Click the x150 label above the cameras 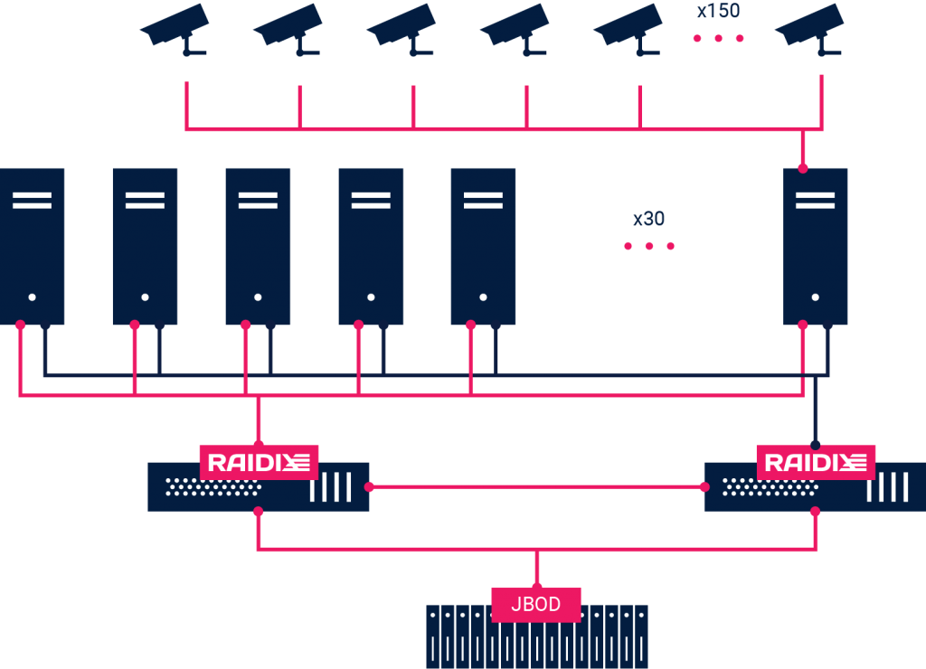(x=718, y=12)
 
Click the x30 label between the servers (x=648, y=219)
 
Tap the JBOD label (x=536, y=604)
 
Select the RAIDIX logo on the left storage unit (x=259, y=463)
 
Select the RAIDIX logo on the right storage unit (x=816, y=463)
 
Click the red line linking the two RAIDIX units (x=536, y=486)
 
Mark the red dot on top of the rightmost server (x=803, y=167)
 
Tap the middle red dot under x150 (x=718, y=38)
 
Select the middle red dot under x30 (x=648, y=246)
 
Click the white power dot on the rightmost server (x=816, y=297)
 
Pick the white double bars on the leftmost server (x=33, y=200)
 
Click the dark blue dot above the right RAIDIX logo (x=816, y=445)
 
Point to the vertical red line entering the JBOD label (x=536, y=570)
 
